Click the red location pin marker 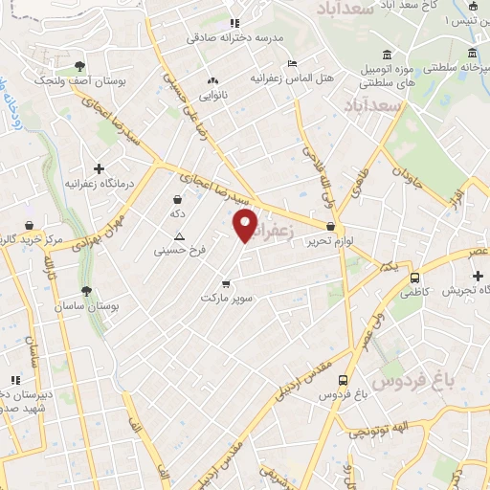pyautogui.click(x=246, y=226)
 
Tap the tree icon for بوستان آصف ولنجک pyautogui.click(x=79, y=66)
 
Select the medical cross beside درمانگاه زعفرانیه pyautogui.click(x=100, y=167)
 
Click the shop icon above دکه pyautogui.click(x=177, y=199)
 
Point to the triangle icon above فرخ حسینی pyautogui.click(x=178, y=235)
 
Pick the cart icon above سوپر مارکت pyautogui.click(x=226, y=283)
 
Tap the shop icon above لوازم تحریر pyautogui.click(x=331, y=227)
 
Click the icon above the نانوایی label pyautogui.click(x=212, y=81)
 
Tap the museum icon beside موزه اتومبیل pyautogui.click(x=386, y=54)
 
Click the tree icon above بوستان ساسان pyautogui.click(x=87, y=290)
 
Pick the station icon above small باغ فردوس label pyautogui.click(x=343, y=380)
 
